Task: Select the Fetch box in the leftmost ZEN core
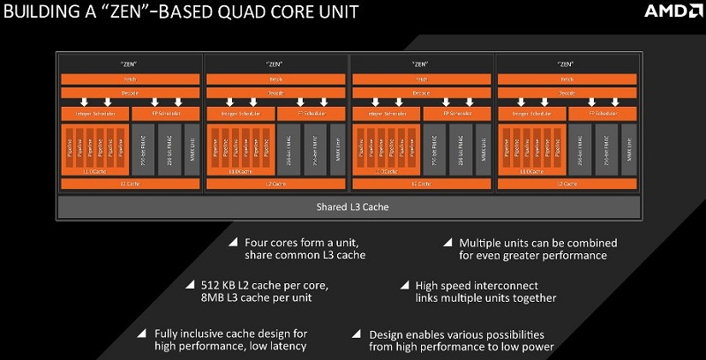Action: (131, 79)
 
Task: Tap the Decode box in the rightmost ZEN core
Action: (567, 91)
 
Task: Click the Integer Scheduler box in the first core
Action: (94, 114)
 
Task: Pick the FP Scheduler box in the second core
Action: (311, 114)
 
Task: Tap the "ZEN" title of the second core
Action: (276, 64)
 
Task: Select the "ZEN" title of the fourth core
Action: (567, 64)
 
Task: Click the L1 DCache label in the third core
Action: (386, 169)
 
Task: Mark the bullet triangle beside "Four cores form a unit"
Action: (233, 241)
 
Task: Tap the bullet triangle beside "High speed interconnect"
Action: (404, 285)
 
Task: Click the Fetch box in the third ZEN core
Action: (422, 79)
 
